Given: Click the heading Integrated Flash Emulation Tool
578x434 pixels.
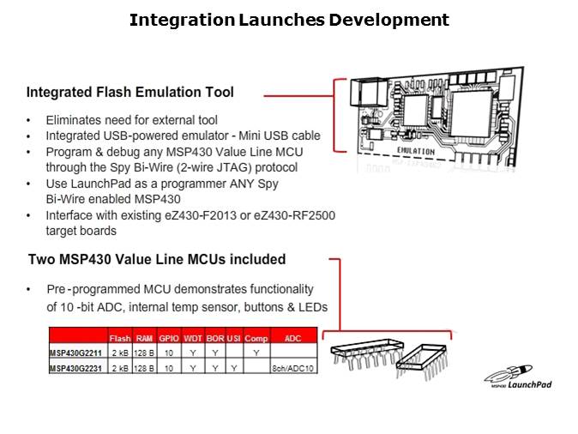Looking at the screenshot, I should pos(130,92).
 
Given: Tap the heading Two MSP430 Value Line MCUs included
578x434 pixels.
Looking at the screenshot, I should pos(157,259).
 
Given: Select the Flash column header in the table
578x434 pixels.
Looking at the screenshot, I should pos(120,339).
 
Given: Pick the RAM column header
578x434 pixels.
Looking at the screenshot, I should pos(144,339).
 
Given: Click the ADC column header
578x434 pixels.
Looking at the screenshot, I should pos(293,339).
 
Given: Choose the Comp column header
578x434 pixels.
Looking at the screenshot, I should pos(256,339).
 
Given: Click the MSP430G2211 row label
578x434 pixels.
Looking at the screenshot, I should pos(76,352).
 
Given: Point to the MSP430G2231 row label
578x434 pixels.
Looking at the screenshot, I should pos(76,366).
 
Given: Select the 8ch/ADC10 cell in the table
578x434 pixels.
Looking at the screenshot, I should pos(293,366).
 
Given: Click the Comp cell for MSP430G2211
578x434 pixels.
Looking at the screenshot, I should pos(256,352).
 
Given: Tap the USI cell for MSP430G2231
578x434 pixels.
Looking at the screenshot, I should pos(232,366).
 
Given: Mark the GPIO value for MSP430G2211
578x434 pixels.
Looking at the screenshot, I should pos(168,352).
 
